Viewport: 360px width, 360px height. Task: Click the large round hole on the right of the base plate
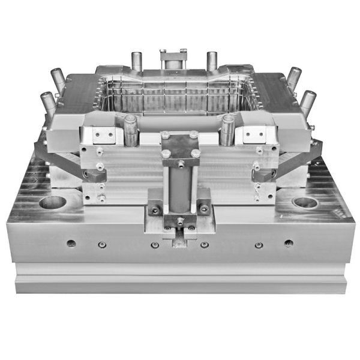click(305, 202)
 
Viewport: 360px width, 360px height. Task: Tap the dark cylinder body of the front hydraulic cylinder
click(180, 189)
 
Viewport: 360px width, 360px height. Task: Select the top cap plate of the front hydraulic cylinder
click(180, 144)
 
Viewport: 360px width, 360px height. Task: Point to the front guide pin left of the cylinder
click(130, 129)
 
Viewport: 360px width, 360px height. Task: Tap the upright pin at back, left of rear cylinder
click(136, 60)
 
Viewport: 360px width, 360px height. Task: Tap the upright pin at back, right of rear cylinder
click(212, 60)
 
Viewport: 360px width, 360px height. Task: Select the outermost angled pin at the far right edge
click(308, 102)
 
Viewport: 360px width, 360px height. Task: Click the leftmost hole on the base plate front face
click(71, 243)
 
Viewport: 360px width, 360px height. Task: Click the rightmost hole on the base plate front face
click(289, 243)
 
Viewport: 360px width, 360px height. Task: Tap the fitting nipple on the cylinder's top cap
click(180, 161)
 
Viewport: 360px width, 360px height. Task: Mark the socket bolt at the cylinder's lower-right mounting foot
click(204, 209)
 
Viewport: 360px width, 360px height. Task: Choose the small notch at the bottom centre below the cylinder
click(180, 241)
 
